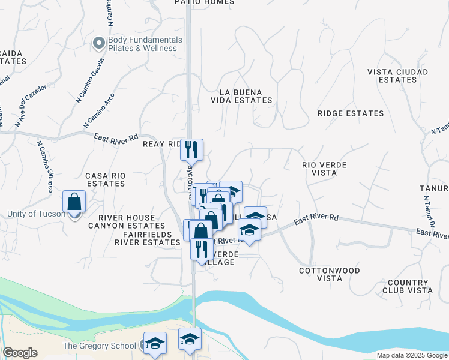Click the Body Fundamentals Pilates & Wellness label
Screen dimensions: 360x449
144,44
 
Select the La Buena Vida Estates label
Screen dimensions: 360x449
246,96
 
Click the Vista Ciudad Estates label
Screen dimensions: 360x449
398,76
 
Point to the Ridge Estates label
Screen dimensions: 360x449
351,113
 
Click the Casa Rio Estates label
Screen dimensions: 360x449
106,180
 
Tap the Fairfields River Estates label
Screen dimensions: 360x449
148,238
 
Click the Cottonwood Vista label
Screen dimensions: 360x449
330,274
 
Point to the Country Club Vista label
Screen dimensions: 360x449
409,286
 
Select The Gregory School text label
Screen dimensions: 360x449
100,346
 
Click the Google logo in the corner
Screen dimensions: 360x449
20,353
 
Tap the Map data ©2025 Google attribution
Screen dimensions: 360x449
411,355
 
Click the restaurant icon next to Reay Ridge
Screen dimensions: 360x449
192,149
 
